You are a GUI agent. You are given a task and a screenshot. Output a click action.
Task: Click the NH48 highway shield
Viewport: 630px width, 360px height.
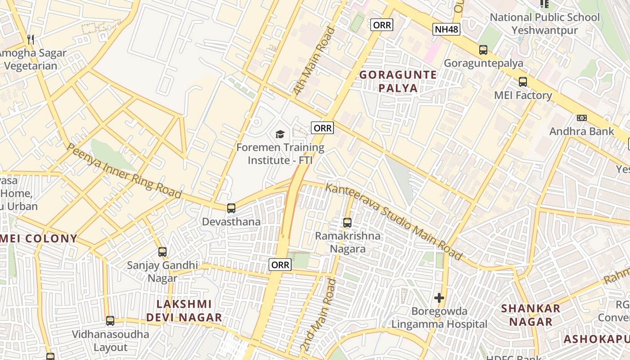[x=446, y=30]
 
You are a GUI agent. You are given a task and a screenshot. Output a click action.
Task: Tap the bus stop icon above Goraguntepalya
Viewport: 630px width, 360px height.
[x=483, y=50]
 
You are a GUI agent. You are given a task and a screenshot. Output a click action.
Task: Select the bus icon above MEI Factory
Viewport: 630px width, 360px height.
[x=522, y=82]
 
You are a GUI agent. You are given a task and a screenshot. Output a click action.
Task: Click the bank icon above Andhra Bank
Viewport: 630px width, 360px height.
[x=582, y=118]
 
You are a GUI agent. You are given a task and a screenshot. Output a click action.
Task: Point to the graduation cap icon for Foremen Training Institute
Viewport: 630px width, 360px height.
[x=280, y=134]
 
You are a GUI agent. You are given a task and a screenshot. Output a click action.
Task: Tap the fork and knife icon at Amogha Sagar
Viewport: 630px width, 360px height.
[x=31, y=40]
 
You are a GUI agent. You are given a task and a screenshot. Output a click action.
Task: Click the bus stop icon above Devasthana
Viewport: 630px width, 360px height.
[x=231, y=208]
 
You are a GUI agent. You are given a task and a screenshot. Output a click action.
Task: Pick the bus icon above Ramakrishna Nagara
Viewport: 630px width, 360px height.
[x=347, y=222]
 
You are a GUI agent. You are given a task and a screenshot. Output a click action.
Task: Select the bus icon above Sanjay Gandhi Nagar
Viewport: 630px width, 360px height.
[x=162, y=252]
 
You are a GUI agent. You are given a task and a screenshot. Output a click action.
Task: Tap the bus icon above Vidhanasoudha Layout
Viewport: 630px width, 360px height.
[x=110, y=321]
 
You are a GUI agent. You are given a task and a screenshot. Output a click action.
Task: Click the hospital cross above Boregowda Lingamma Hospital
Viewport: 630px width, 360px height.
[x=439, y=298]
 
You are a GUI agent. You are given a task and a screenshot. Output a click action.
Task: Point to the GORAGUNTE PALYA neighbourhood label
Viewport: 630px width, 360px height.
[x=398, y=81]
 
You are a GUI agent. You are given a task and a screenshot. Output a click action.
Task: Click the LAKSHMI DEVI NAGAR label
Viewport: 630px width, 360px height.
[x=184, y=311]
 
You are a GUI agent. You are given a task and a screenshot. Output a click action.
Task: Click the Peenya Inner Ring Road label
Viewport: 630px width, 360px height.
[x=124, y=171]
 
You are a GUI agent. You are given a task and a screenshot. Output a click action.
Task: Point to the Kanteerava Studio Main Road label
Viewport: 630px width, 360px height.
[x=393, y=221]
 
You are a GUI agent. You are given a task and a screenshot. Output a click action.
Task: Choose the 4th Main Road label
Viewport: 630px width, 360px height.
[x=315, y=61]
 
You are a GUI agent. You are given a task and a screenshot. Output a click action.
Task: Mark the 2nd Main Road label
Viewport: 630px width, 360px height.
[x=319, y=315]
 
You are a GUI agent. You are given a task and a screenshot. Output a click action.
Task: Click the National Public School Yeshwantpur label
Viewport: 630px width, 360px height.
[x=544, y=24]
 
